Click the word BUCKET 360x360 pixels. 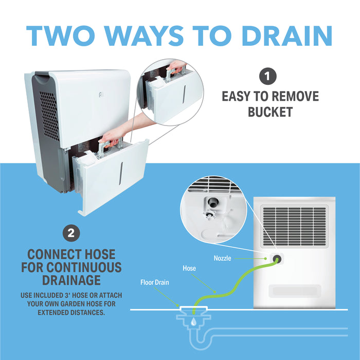pyautogui.click(x=270, y=112)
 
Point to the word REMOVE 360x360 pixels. pyautogui.click(x=292, y=96)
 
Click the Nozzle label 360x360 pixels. pyautogui.click(x=223, y=258)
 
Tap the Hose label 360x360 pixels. pyautogui.click(x=189, y=268)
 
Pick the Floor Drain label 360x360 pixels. pyautogui.click(x=154, y=282)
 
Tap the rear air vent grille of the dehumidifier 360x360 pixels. pyautogui.click(x=294, y=226)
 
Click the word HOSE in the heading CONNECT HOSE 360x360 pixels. pyautogui.click(x=99, y=255)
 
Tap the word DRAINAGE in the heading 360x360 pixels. pyautogui.click(x=71, y=280)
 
